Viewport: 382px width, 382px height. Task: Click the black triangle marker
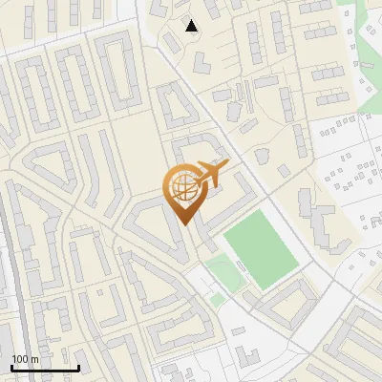192,26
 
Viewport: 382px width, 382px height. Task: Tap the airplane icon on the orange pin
211,175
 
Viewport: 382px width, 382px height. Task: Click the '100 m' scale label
25,359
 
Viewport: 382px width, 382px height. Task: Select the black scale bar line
45,369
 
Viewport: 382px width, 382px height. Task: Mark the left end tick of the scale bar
11,367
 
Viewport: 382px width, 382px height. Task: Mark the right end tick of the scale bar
78,367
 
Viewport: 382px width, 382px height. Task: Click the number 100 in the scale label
19,359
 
